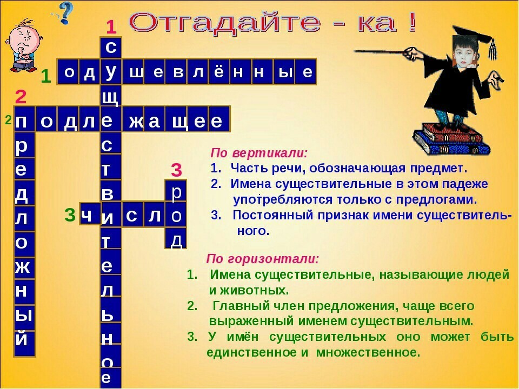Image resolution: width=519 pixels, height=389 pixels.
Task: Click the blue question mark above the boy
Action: [x=66, y=12]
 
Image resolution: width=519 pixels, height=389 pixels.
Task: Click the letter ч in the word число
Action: [x=86, y=216]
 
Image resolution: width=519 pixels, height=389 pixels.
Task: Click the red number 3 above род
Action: [x=176, y=170]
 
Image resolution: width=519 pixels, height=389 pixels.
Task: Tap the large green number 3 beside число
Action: [x=70, y=214]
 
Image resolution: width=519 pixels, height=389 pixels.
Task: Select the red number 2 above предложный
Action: [x=21, y=97]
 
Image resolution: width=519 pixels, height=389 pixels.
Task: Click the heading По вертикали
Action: [x=259, y=153]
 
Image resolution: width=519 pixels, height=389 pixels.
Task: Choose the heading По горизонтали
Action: [x=263, y=258]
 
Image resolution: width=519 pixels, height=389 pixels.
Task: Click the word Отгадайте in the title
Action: [x=225, y=23]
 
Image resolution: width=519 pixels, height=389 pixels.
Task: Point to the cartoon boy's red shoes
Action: [x=19, y=68]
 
